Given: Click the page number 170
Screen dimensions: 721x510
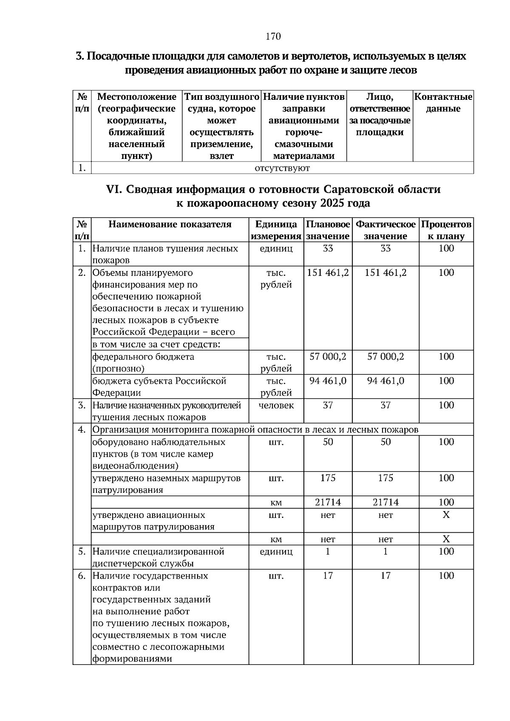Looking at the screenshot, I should pyautogui.click(x=273, y=37).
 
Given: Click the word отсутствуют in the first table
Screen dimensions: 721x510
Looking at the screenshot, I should pyautogui.click(x=282, y=168).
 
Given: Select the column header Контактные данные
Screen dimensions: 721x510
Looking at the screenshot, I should pyautogui.click(x=443, y=103).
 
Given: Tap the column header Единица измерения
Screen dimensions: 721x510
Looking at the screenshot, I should pyautogui.click(x=276, y=230).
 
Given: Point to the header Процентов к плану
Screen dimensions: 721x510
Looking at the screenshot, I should pyautogui.click(x=446, y=230).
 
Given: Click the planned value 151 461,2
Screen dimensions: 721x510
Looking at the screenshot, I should pyautogui.click(x=328, y=273).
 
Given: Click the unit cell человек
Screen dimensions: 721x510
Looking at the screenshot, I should pyautogui.click(x=276, y=405).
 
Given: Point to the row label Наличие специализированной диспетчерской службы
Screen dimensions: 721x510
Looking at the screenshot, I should pyautogui.click(x=158, y=557).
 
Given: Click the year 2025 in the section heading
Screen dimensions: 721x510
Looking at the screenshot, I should pyautogui.click(x=334, y=204).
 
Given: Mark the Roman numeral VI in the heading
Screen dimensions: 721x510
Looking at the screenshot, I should pyautogui.click(x=113, y=189).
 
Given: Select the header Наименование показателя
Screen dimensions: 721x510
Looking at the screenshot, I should pyautogui.click(x=170, y=224).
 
